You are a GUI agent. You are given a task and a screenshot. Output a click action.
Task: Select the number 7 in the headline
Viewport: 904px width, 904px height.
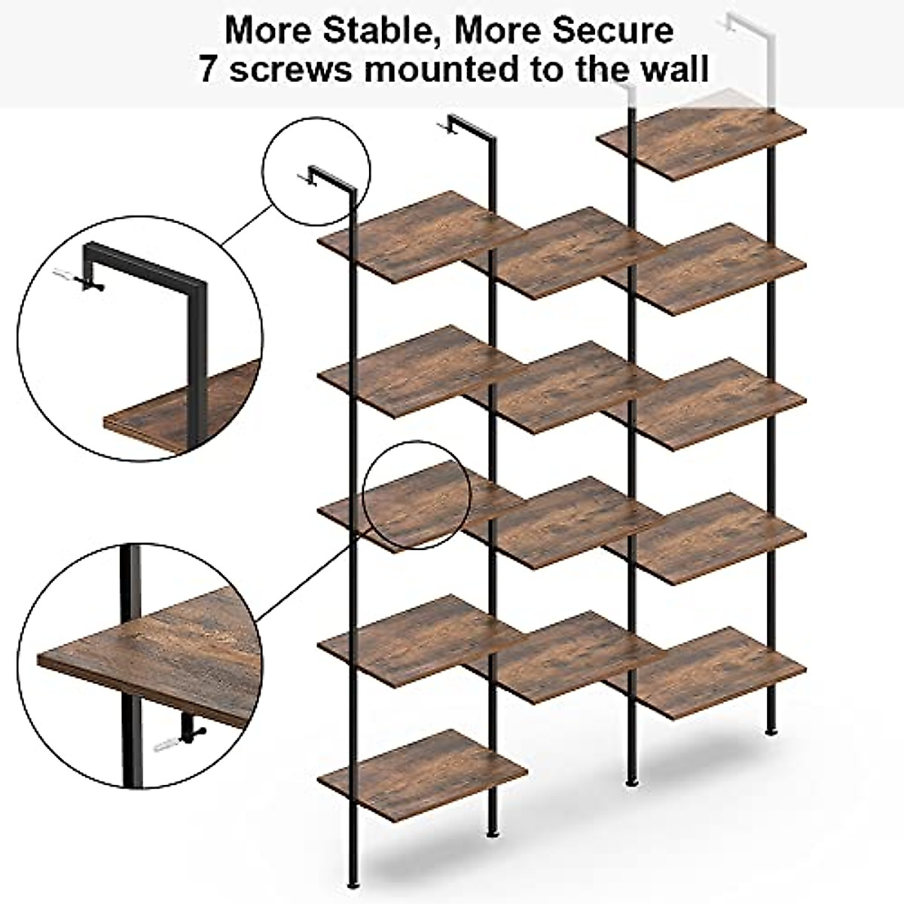pos(209,69)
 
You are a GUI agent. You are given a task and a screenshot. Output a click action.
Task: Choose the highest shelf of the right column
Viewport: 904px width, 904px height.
pos(701,143)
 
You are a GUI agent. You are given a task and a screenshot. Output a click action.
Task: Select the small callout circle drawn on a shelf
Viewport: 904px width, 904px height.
pos(417,494)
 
